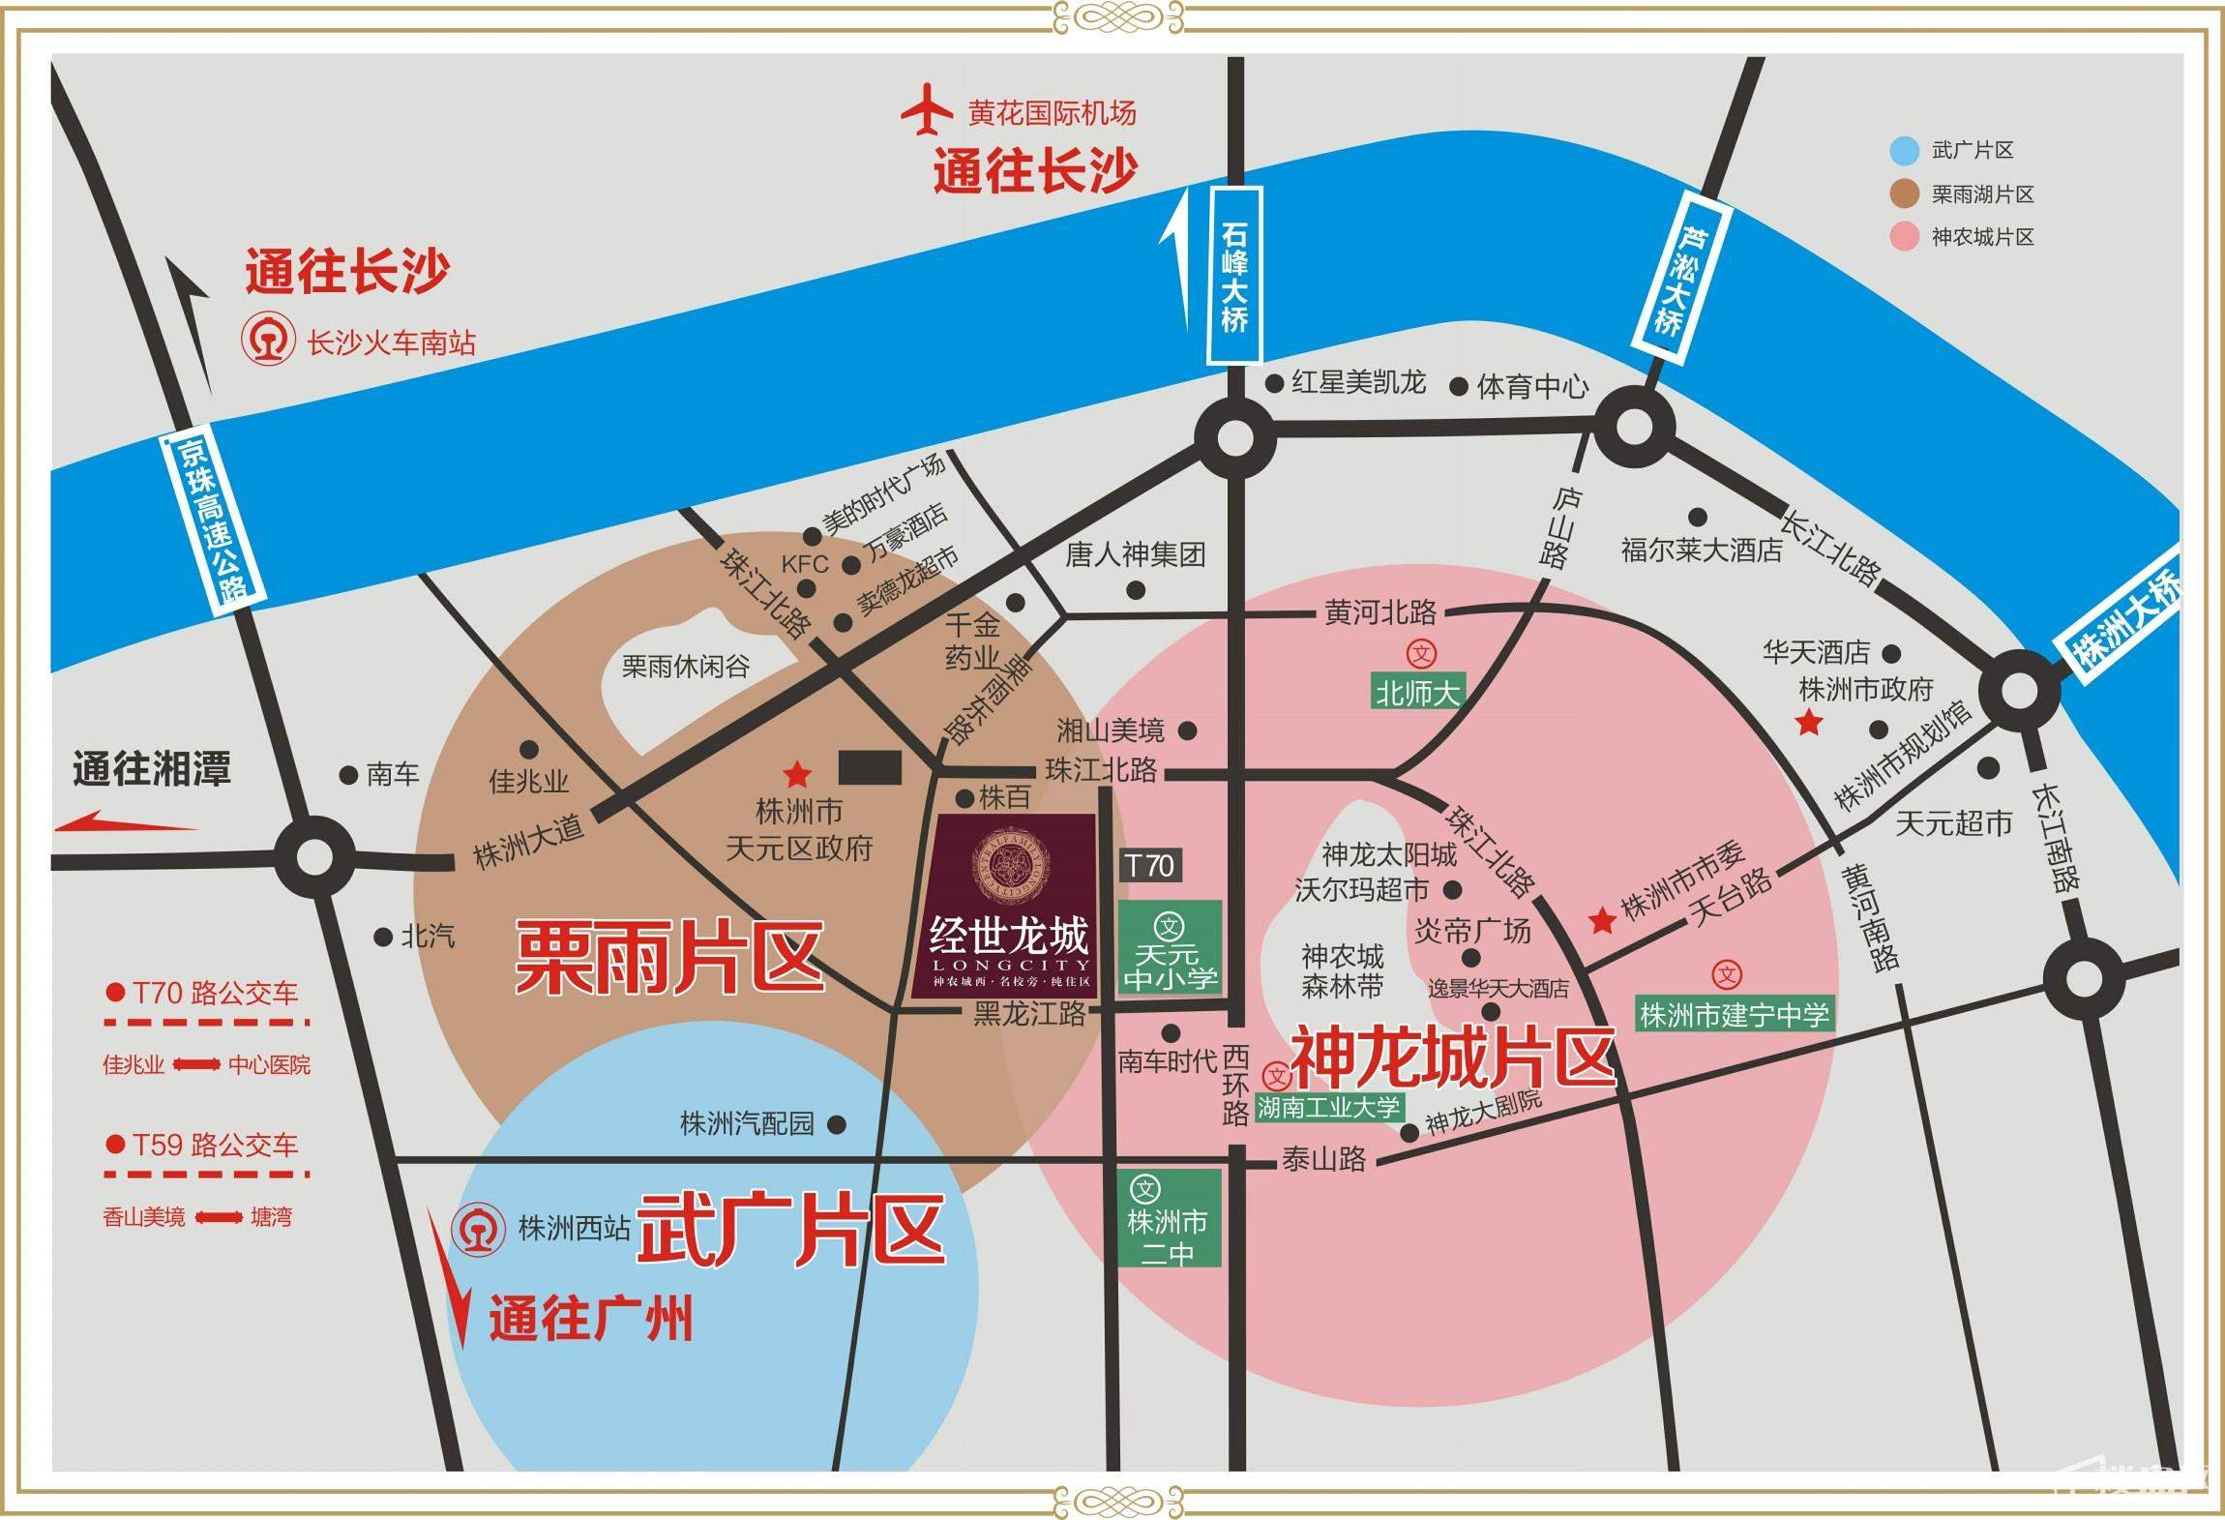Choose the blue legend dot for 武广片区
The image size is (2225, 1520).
1904,150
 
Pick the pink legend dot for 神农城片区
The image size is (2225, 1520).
1904,237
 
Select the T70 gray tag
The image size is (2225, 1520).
1149,865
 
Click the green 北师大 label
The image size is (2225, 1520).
1418,693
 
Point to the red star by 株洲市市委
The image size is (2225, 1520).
1603,920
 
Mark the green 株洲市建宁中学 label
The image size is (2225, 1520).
1735,1015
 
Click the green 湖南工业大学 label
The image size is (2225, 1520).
1328,1107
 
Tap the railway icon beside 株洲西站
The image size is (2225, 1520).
478,1228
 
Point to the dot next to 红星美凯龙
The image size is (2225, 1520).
1275,383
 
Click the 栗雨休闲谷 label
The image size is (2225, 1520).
685,667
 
